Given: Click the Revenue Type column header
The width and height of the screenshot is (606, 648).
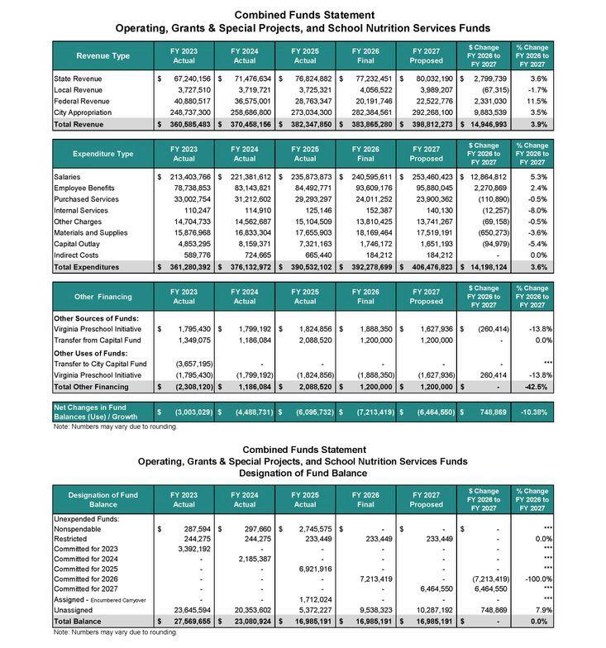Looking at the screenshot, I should (x=103, y=56).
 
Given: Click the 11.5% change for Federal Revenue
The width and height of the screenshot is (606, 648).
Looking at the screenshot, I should (x=537, y=101).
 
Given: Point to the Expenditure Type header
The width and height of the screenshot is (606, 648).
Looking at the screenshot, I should (x=103, y=154).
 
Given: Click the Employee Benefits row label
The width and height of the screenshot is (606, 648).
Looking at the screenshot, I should (x=84, y=188).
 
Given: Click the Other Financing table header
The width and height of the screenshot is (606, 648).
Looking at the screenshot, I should (x=103, y=297).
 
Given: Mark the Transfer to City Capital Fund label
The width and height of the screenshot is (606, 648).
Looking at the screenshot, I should (x=99, y=364).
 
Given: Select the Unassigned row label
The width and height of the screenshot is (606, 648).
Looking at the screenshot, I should (x=74, y=609).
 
